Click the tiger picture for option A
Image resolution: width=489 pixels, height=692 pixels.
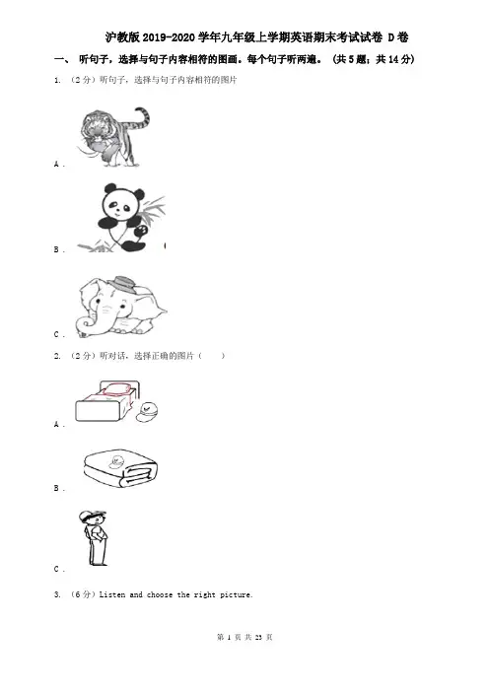coord(113,137)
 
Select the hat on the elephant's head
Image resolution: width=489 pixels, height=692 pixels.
coord(123,284)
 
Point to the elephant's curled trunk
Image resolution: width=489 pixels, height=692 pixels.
coord(87,325)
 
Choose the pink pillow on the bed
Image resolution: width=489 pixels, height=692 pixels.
coord(117,390)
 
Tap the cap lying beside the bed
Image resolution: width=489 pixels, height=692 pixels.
coord(147,412)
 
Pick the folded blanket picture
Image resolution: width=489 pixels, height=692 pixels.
coord(120,468)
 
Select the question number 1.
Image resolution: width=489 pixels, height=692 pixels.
coord(57,80)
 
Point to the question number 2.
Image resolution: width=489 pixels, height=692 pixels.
coord(57,356)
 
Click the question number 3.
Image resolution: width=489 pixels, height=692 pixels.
coord(57,595)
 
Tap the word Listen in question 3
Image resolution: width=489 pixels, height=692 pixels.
coord(112,595)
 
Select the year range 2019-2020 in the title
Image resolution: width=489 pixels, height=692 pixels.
coord(169,38)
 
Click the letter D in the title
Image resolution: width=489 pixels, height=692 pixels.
coord(390,38)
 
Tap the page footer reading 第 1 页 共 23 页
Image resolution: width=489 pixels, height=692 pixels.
coord(244,637)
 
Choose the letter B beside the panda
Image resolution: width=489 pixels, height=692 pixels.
coord(56,249)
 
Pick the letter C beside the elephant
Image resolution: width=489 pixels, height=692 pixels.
coord(56,334)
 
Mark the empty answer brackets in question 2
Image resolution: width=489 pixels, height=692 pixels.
coord(211,356)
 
